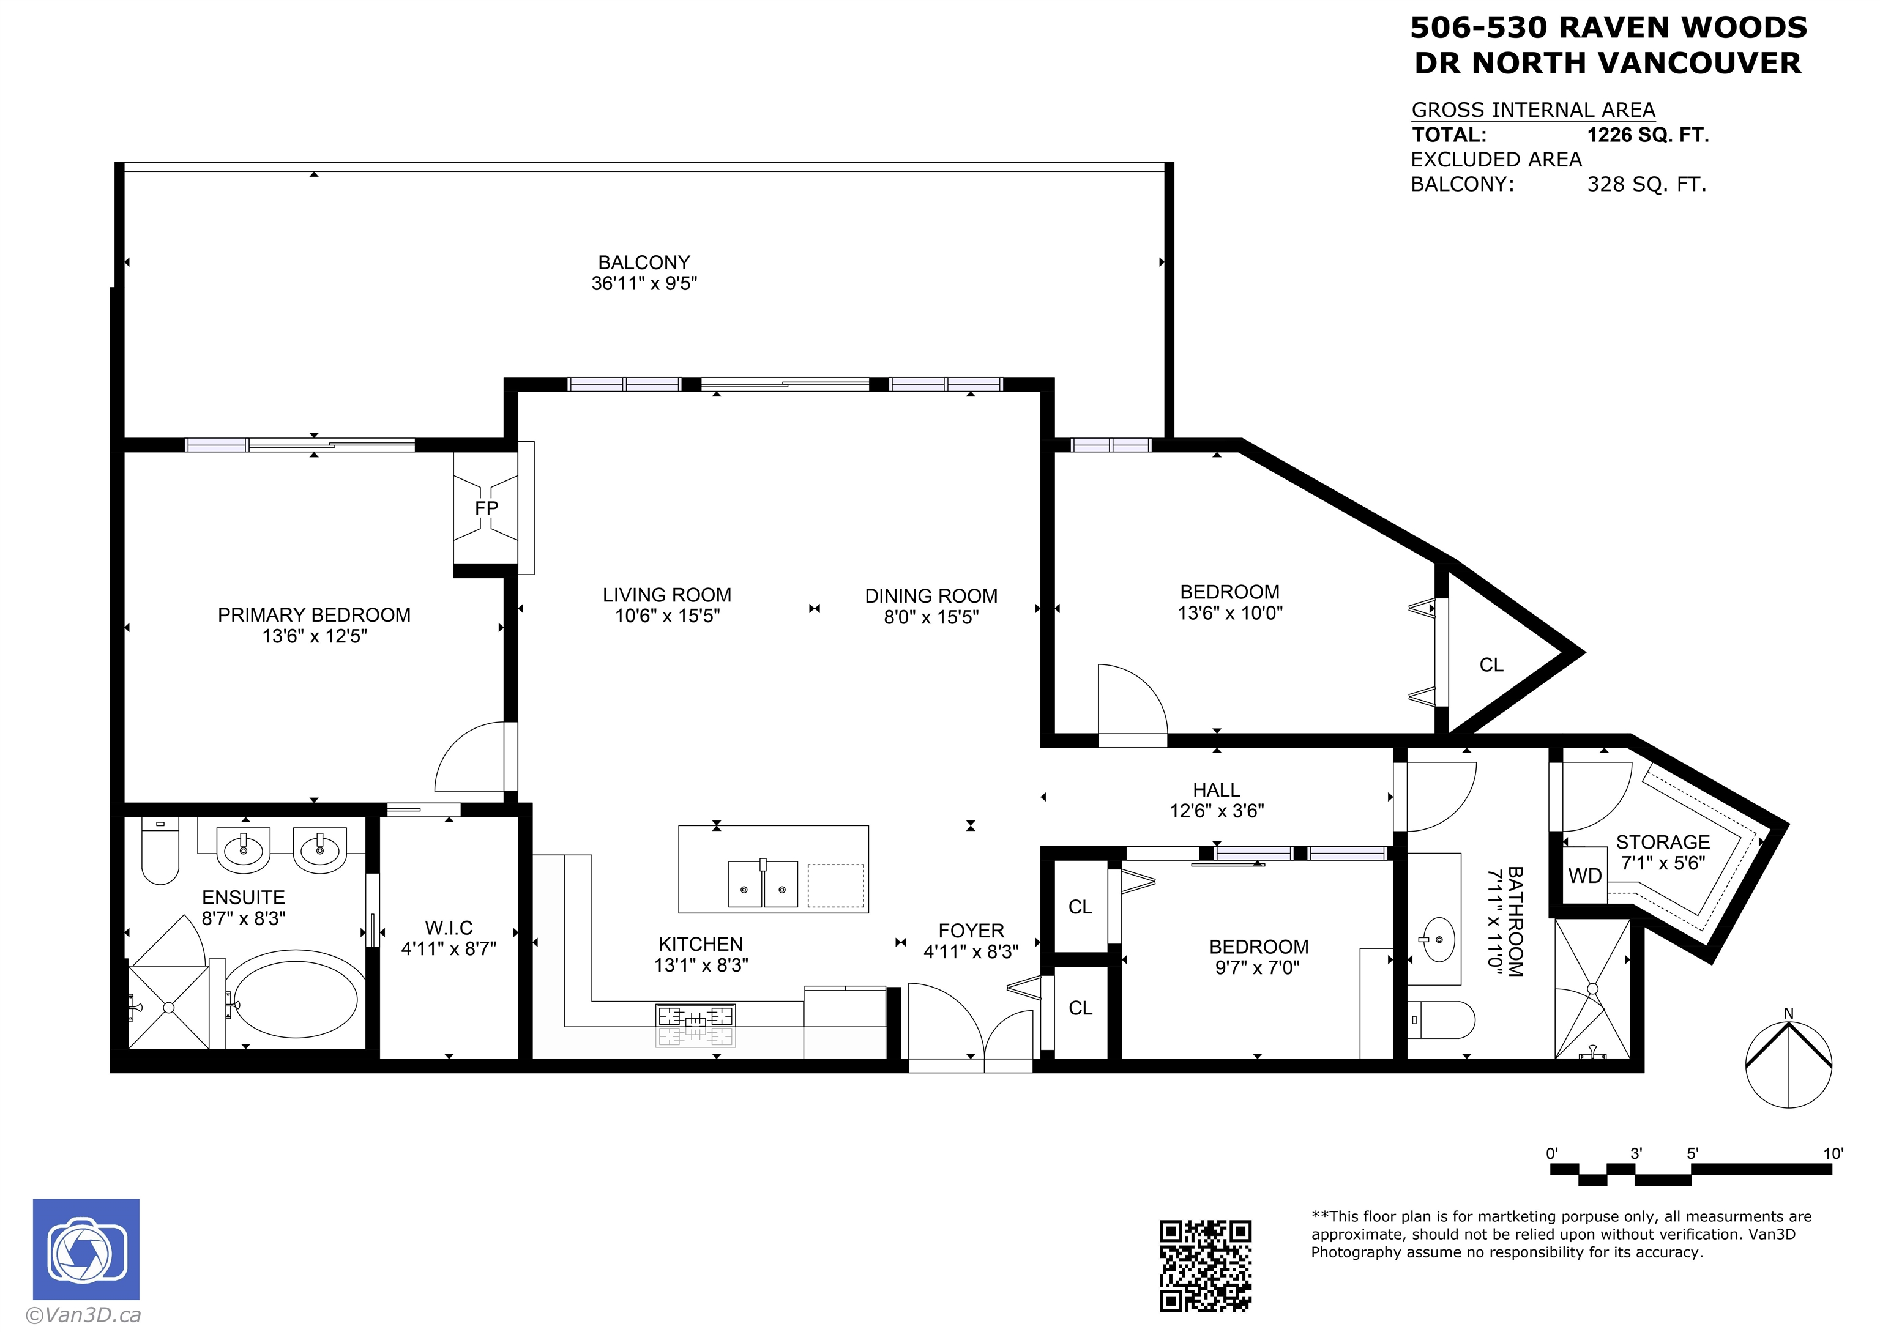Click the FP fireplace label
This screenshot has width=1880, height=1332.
[487, 508]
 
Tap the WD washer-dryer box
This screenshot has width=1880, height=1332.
[1584, 875]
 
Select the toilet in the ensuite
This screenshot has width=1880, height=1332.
[160, 850]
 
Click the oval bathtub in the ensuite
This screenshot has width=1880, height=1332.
[291, 999]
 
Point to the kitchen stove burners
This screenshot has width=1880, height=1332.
[696, 1016]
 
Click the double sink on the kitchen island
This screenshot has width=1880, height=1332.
[763, 884]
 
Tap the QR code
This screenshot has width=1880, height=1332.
[1205, 1265]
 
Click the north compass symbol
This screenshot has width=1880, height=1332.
[1788, 1062]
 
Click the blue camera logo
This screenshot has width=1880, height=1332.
[86, 1248]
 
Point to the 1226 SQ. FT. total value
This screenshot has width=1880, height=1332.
[1648, 135]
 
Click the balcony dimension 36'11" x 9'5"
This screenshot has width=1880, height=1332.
[644, 283]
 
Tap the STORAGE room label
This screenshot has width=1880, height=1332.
[1663, 843]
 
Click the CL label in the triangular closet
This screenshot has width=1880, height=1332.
[1491, 665]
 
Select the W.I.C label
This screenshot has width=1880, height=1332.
[449, 928]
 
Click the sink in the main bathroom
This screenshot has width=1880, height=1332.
[1439, 939]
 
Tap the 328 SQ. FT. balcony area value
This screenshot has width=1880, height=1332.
[1646, 185]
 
